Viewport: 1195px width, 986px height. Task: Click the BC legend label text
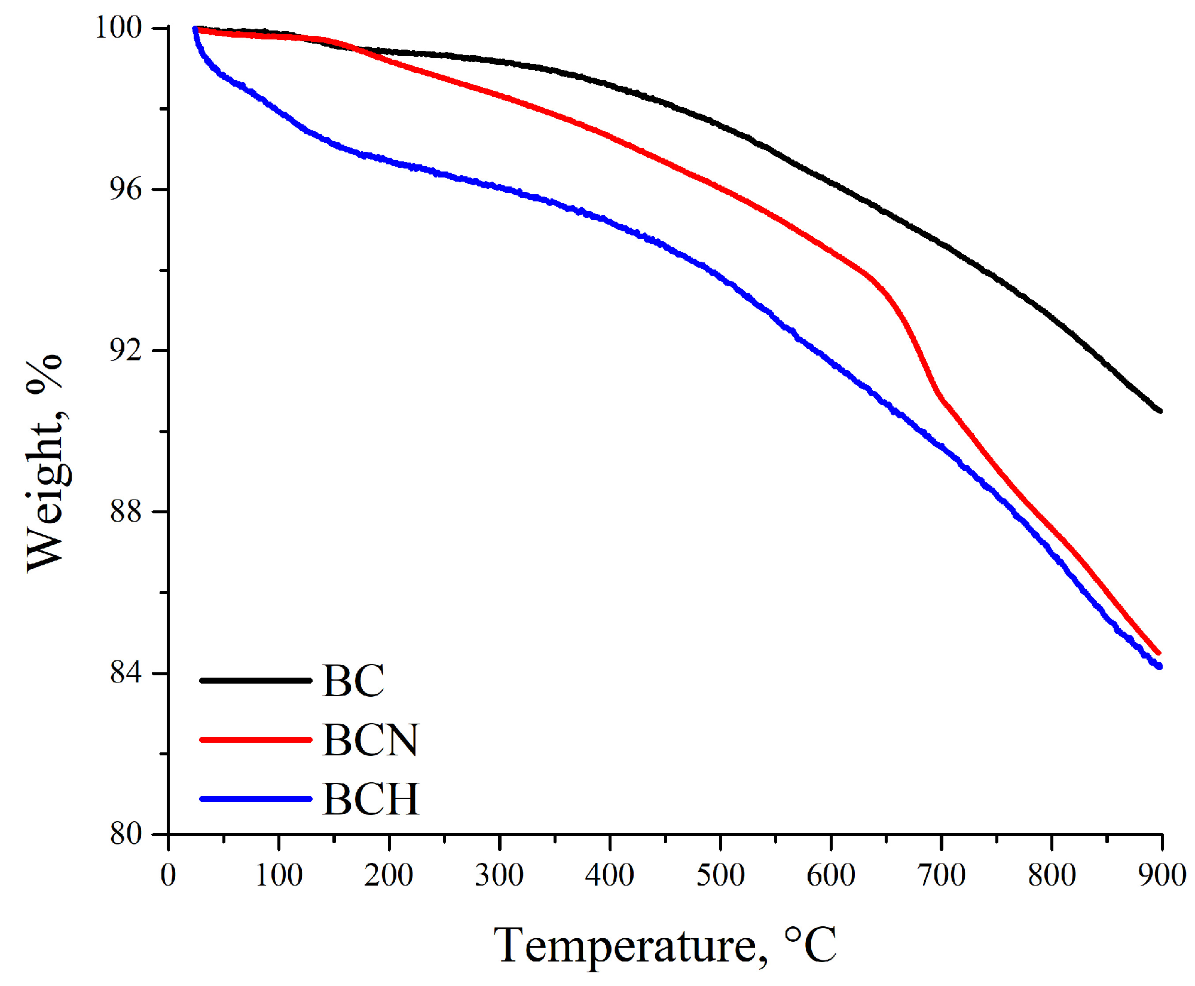[x=353, y=681]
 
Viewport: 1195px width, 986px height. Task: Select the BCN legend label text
[x=371, y=740]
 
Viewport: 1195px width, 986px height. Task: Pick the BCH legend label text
[x=371, y=799]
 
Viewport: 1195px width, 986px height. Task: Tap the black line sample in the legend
[x=256, y=681]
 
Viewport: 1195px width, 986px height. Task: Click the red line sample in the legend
[x=256, y=740]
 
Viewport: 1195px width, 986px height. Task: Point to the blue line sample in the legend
[x=256, y=799]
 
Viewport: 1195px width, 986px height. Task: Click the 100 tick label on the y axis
[x=118, y=27]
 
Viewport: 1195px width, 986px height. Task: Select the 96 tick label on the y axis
[x=126, y=189]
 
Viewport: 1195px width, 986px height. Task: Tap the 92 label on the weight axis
[x=126, y=350]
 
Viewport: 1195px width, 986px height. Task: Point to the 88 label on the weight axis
[x=126, y=512]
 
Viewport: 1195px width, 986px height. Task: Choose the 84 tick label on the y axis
[x=126, y=673]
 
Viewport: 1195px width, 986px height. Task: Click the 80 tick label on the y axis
[x=126, y=834]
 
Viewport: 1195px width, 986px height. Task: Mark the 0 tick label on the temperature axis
[x=169, y=875]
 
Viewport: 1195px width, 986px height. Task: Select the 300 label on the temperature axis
[x=499, y=875]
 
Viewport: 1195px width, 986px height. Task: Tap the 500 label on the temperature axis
[x=720, y=875]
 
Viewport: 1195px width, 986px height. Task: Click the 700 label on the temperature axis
[x=942, y=875]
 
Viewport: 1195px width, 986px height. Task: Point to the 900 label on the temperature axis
[x=1162, y=875]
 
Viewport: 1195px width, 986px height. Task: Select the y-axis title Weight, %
[x=45, y=463]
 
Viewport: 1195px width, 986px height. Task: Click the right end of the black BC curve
[x=1160, y=411]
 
